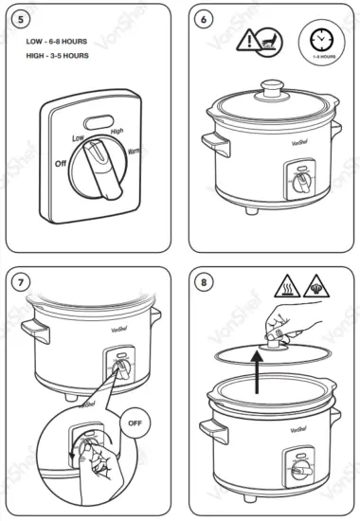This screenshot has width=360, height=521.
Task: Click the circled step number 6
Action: coord(203,18)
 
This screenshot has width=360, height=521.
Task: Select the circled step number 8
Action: coord(203,281)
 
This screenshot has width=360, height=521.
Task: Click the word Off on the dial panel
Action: coord(60,162)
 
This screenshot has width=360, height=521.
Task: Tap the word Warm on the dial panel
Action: coord(137,150)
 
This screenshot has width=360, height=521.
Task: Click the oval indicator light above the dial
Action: coord(97,121)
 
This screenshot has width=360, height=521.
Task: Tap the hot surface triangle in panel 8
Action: coord(287,285)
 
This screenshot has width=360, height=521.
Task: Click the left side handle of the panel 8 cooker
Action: coord(217,433)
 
